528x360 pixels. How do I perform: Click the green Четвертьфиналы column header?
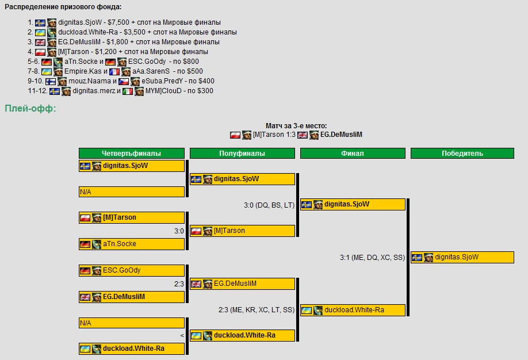[131, 154]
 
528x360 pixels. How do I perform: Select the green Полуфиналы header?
[242, 154]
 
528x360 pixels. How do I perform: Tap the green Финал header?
[353, 154]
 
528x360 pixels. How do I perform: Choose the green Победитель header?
[462, 154]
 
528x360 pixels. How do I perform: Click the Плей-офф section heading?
[30, 109]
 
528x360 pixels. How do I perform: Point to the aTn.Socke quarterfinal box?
[131, 244]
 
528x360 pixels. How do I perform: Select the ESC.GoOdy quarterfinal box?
[131, 270]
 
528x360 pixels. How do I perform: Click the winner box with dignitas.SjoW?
[462, 258]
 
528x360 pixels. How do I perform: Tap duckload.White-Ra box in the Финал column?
[353, 310]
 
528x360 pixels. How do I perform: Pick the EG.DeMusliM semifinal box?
[242, 284]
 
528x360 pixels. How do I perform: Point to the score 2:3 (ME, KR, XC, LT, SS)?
[257, 310]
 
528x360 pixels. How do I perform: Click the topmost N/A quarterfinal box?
[131, 192]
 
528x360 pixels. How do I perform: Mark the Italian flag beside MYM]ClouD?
[127, 91]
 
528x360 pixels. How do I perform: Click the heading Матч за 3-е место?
[296, 125]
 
